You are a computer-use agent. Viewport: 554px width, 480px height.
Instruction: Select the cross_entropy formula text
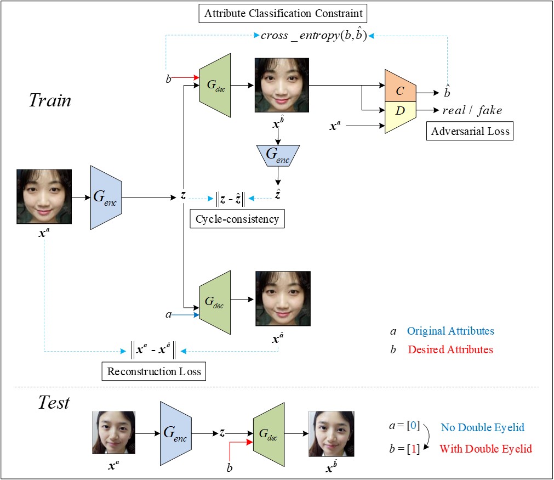313,37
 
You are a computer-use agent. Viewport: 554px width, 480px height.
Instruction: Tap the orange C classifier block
400,87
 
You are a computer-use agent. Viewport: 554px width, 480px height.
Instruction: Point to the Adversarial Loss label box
470,131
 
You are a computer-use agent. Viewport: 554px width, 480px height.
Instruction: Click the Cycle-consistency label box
237,219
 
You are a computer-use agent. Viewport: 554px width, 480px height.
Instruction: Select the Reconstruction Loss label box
154,371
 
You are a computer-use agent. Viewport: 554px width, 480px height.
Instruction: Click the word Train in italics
50,100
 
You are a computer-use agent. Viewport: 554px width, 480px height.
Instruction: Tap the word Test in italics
54,403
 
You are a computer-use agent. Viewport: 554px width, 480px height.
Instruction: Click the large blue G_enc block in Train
106,197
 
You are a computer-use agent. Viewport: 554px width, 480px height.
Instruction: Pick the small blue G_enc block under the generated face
278,155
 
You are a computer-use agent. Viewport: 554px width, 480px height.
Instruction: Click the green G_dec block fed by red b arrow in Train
215,86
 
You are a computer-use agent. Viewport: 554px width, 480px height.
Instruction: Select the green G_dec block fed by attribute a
215,301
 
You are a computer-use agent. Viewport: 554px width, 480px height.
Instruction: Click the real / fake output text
472,111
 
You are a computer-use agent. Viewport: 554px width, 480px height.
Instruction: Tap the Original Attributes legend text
450,331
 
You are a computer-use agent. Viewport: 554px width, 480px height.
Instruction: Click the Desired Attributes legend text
450,349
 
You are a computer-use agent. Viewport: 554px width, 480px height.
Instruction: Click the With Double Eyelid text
486,449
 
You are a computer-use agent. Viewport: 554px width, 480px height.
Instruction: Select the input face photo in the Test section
113,433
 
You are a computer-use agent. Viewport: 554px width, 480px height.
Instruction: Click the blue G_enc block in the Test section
175,433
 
